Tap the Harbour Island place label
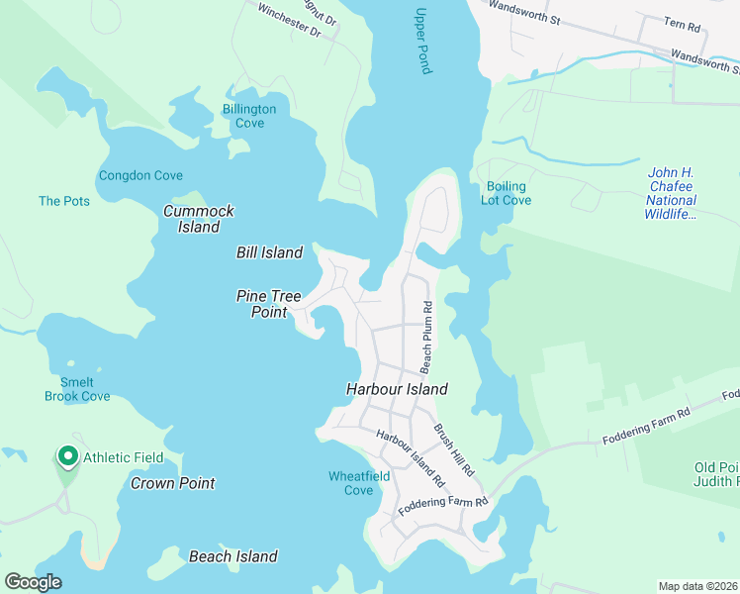click(397, 389)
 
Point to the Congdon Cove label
click(140, 175)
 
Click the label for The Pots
click(64, 201)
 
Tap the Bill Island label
click(269, 252)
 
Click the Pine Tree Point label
click(268, 303)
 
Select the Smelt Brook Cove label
click(77, 389)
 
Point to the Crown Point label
click(173, 483)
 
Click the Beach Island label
click(233, 556)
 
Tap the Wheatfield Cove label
click(358, 483)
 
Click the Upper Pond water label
click(423, 42)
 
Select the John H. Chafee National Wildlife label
click(672, 193)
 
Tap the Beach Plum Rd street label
click(428, 338)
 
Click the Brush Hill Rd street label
click(455, 446)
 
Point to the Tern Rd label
click(683, 28)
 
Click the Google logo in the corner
click(34, 582)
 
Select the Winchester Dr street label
click(290, 21)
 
